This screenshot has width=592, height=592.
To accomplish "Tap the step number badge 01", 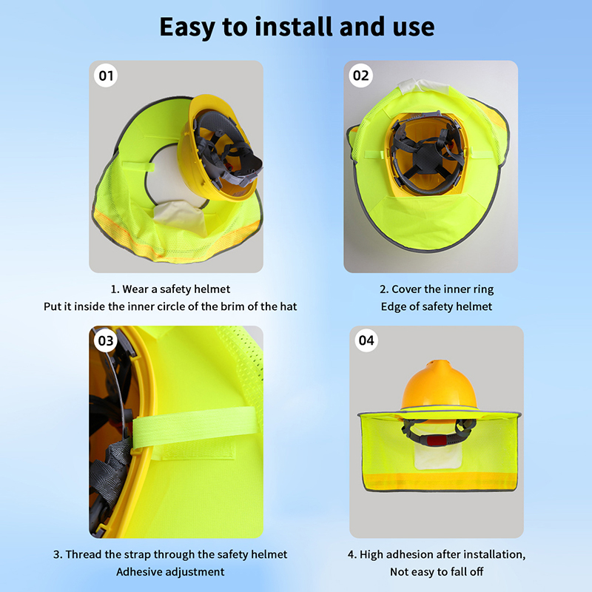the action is pos(106,75).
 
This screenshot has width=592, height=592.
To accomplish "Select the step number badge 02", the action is pos(360,75).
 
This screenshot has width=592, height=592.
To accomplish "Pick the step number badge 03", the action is pos(105,341).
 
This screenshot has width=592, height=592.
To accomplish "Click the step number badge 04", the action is pos(366,340).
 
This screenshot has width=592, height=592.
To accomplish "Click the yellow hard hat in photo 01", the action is pos(219,147).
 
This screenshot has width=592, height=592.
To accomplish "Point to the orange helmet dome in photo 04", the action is pos(438,385).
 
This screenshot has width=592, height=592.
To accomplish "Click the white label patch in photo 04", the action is pos(438,456).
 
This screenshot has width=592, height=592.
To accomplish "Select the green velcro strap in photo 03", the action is pos(195,427).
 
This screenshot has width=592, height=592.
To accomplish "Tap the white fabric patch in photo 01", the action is pos(181,217).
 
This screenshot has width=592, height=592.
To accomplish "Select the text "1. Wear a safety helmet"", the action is pos(170,289).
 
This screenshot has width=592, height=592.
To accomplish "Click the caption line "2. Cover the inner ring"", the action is pos(437,289).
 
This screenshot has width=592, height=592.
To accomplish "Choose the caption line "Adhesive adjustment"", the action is pos(170,571).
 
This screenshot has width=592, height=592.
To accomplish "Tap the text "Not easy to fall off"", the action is pos(437,571).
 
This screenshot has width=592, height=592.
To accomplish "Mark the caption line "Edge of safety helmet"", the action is pos(437,306).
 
